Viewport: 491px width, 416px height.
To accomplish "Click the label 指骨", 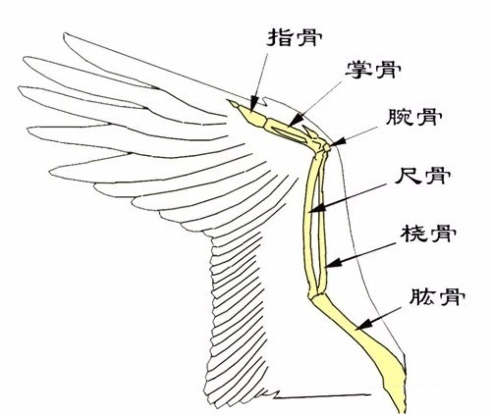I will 293,37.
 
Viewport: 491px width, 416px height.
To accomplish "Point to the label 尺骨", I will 421,177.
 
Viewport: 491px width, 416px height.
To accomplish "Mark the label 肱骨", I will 436,297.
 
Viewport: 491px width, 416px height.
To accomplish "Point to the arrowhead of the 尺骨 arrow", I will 312,209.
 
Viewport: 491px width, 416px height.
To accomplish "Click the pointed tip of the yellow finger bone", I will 230,102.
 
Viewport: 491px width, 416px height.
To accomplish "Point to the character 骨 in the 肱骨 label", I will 451,297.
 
